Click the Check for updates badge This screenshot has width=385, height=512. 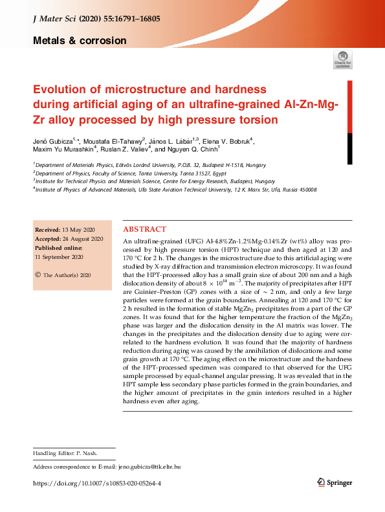(342, 60)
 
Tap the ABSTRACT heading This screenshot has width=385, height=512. (144, 229)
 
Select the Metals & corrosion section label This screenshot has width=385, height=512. (80, 41)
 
